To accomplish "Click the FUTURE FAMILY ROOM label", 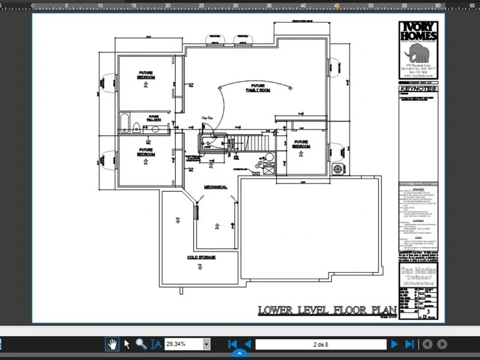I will pos(258,88).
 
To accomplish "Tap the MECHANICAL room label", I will pos(216,187).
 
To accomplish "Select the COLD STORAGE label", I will pos(201,257).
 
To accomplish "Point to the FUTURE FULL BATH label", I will pos(154,118).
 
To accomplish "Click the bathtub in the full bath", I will pos(125,123).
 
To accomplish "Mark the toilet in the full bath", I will pos(136,127).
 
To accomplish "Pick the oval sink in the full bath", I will pos(155,129).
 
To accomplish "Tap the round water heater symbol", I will pos(269,157).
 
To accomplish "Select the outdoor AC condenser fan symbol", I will pos(338,169).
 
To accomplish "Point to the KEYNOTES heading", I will pos(418,89).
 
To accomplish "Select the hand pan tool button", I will pos(112,344).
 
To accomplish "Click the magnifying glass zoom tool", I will pos(141,344).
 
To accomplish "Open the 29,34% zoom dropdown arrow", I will pos(206,344).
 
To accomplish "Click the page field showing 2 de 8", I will pos(321,344).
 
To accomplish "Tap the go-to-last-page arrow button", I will pos(409,344).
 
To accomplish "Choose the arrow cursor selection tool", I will pos(127,344).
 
